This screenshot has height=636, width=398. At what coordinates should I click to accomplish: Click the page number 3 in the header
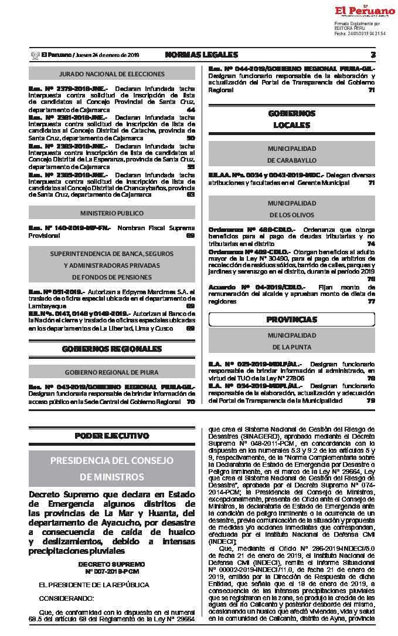coord(373,55)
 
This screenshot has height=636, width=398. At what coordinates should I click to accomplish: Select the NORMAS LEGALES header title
coord(201,55)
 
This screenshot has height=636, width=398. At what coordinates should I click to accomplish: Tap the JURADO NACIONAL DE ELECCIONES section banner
coord(112,74)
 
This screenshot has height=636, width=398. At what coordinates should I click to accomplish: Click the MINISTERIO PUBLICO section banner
coord(112,213)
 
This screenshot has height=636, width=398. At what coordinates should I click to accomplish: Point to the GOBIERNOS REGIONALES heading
coord(112,349)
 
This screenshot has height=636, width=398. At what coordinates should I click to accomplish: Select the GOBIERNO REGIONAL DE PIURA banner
coord(112,372)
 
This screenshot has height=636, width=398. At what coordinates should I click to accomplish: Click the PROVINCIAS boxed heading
coord(291,319)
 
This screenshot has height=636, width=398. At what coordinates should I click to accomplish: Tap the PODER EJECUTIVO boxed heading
coord(112,436)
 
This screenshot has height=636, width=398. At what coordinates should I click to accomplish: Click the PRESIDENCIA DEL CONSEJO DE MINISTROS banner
coord(112,467)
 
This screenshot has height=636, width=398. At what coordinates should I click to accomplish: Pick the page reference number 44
coord(191,110)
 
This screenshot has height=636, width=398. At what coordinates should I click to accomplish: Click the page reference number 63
coord(191,194)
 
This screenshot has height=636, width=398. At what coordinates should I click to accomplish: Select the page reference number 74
coord(371,243)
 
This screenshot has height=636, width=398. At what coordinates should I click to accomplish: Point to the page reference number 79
coord(371,400)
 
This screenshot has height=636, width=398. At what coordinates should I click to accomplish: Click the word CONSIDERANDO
coord(66,598)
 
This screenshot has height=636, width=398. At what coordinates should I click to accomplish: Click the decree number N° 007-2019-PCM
coord(111,571)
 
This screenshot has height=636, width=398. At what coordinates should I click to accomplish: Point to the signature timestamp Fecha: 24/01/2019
coord(359,33)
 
